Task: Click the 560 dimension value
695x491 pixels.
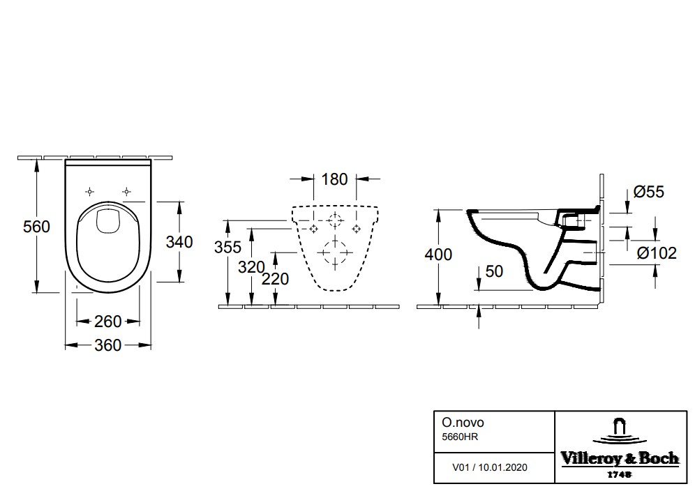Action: (36, 227)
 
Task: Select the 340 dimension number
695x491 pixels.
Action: (179, 242)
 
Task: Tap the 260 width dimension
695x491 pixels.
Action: (107, 322)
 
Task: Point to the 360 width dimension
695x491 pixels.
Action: (107, 345)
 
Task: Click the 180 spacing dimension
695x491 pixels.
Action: (334, 179)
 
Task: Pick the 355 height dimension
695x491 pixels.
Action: (227, 248)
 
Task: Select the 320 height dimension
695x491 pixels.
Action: (251, 267)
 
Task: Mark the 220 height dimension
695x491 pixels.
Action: (275, 279)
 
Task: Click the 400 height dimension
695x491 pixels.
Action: (438, 255)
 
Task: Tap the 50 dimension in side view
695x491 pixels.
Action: (494, 271)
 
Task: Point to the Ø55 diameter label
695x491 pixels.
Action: (649, 191)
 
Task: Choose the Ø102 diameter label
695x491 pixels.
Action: (657, 253)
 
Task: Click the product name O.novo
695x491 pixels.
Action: (463, 423)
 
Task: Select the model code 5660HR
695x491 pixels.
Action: (460, 437)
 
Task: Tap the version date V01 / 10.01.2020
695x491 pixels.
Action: (490, 467)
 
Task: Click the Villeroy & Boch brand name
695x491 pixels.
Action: (620, 458)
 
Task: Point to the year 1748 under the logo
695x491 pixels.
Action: (620, 474)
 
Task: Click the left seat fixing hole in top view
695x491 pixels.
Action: (90, 191)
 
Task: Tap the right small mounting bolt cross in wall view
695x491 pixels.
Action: (357, 229)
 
